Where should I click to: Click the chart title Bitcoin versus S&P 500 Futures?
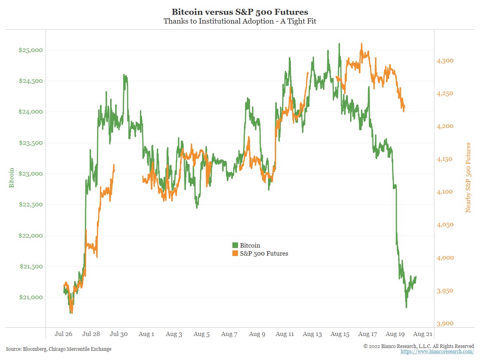click(240, 12)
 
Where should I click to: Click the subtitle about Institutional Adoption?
click(240, 21)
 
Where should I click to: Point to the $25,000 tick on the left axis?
click(30, 50)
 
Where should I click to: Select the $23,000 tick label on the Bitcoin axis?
click(30, 174)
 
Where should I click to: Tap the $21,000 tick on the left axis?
click(30, 297)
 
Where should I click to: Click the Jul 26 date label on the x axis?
click(64, 334)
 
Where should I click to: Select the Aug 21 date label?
click(422, 334)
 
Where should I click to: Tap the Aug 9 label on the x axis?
click(257, 334)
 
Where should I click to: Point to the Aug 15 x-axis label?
click(340, 334)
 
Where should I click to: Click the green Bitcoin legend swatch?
click(235, 245)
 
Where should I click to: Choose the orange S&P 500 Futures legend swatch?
click(235, 253)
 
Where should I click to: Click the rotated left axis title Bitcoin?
click(12, 178)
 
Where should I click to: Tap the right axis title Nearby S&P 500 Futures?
click(468, 178)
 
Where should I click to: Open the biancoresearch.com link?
click(437, 352)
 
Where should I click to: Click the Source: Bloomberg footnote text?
click(58, 349)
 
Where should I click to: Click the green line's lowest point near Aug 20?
click(406, 307)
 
